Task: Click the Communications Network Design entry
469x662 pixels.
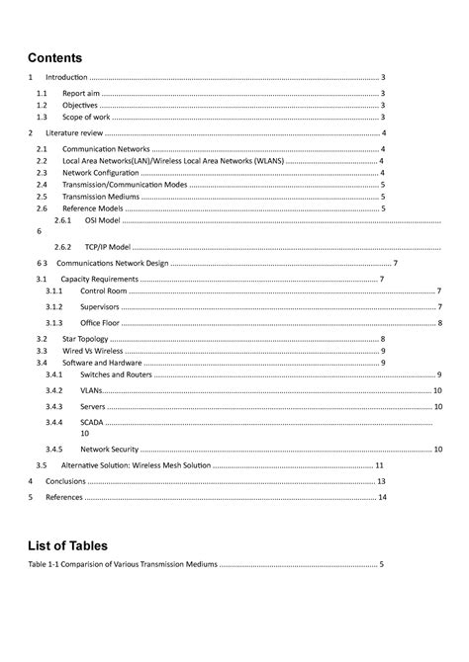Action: click(x=112, y=264)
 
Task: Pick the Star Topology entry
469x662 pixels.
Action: click(x=87, y=340)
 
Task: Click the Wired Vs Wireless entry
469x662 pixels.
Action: click(x=93, y=351)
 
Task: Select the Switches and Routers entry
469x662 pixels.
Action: click(x=116, y=375)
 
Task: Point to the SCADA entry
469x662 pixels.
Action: click(x=91, y=422)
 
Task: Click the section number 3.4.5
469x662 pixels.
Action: click(x=53, y=450)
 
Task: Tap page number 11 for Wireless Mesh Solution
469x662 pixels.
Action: click(x=379, y=465)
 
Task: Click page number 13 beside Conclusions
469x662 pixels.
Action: click(x=381, y=481)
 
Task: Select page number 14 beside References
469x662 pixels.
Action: click(x=382, y=498)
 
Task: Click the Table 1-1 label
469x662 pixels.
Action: click(x=47, y=566)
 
